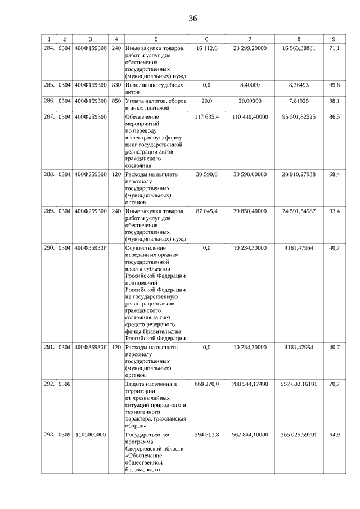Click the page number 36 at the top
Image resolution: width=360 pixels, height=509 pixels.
click(x=193, y=19)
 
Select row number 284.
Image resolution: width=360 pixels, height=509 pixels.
click(x=49, y=49)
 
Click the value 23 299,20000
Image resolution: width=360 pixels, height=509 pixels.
click(x=250, y=49)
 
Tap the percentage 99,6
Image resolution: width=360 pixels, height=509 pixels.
click(x=334, y=85)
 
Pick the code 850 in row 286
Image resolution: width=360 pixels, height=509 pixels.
click(x=116, y=101)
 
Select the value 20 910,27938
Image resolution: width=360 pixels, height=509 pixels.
click(x=298, y=175)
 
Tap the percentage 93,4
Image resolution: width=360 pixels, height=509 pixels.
click(x=334, y=211)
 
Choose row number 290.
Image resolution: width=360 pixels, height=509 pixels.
click(x=49, y=247)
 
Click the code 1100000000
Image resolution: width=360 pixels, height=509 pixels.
click(x=90, y=435)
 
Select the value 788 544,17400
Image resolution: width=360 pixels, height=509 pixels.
click(x=250, y=384)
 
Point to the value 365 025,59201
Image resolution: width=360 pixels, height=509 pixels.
click(x=298, y=435)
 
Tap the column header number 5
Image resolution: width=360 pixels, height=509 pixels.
click(x=156, y=39)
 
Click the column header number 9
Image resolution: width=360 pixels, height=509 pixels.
click(x=334, y=39)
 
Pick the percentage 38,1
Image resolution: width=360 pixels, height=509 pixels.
click(x=334, y=101)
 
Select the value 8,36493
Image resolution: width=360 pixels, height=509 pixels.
click(x=298, y=85)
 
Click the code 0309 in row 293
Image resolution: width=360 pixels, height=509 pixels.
click(x=65, y=435)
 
